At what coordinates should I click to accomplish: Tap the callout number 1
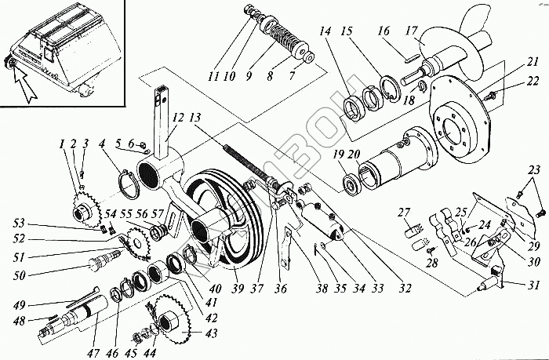point(59,143)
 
